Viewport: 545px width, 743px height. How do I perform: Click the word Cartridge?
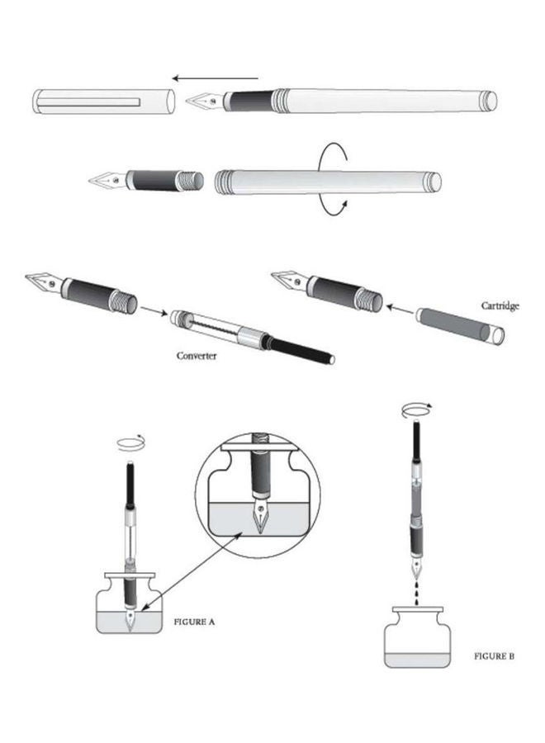(x=500, y=305)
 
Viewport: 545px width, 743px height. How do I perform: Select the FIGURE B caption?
(x=495, y=656)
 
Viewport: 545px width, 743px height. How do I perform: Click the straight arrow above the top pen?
(x=216, y=79)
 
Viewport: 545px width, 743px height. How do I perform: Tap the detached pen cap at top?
(x=103, y=101)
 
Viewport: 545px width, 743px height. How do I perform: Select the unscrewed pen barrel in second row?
(x=327, y=181)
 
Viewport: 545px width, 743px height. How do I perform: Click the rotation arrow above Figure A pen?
(x=129, y=442)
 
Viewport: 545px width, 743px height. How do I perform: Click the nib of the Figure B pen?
(x=417, y=570)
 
